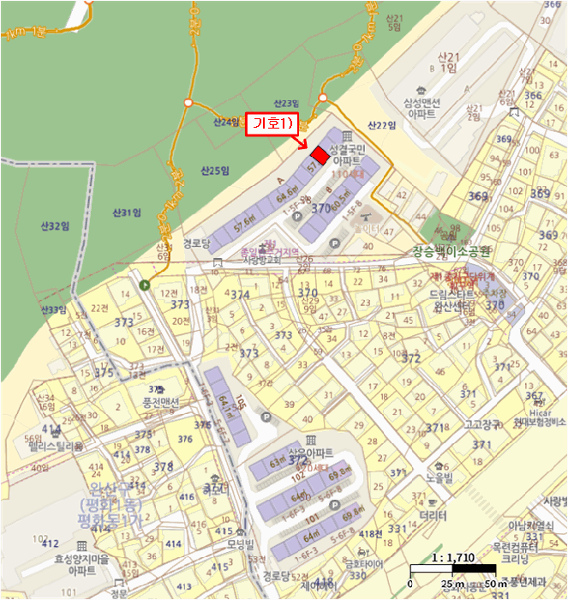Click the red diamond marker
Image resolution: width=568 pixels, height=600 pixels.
coord(319,154)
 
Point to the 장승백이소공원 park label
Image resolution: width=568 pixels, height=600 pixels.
coord(451,252)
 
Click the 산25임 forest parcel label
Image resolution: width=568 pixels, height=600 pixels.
coord(215,171)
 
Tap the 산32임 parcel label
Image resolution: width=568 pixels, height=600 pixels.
coord(53,226)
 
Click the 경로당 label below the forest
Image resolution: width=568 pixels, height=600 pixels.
coord(196,243)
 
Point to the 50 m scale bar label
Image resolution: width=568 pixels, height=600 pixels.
coord(495,584)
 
